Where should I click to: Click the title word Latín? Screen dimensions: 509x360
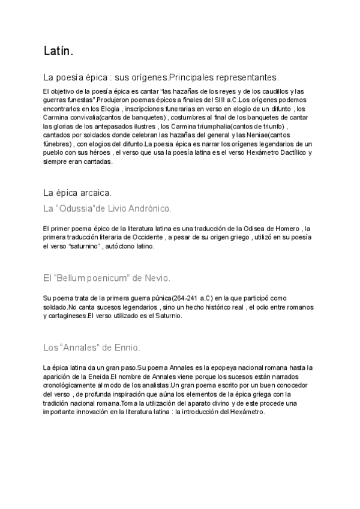tap(58, 52)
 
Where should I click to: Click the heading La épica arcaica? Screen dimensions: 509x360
tap(77, 193)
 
